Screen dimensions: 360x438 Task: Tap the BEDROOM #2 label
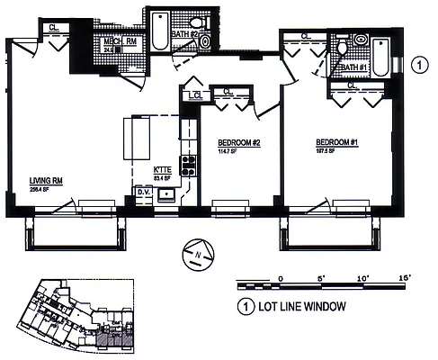point(240,143)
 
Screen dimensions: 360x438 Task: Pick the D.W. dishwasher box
point(143,191)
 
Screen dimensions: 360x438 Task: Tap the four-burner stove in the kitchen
point(190,165)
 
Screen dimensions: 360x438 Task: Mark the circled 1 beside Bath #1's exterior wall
point(418,64)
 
